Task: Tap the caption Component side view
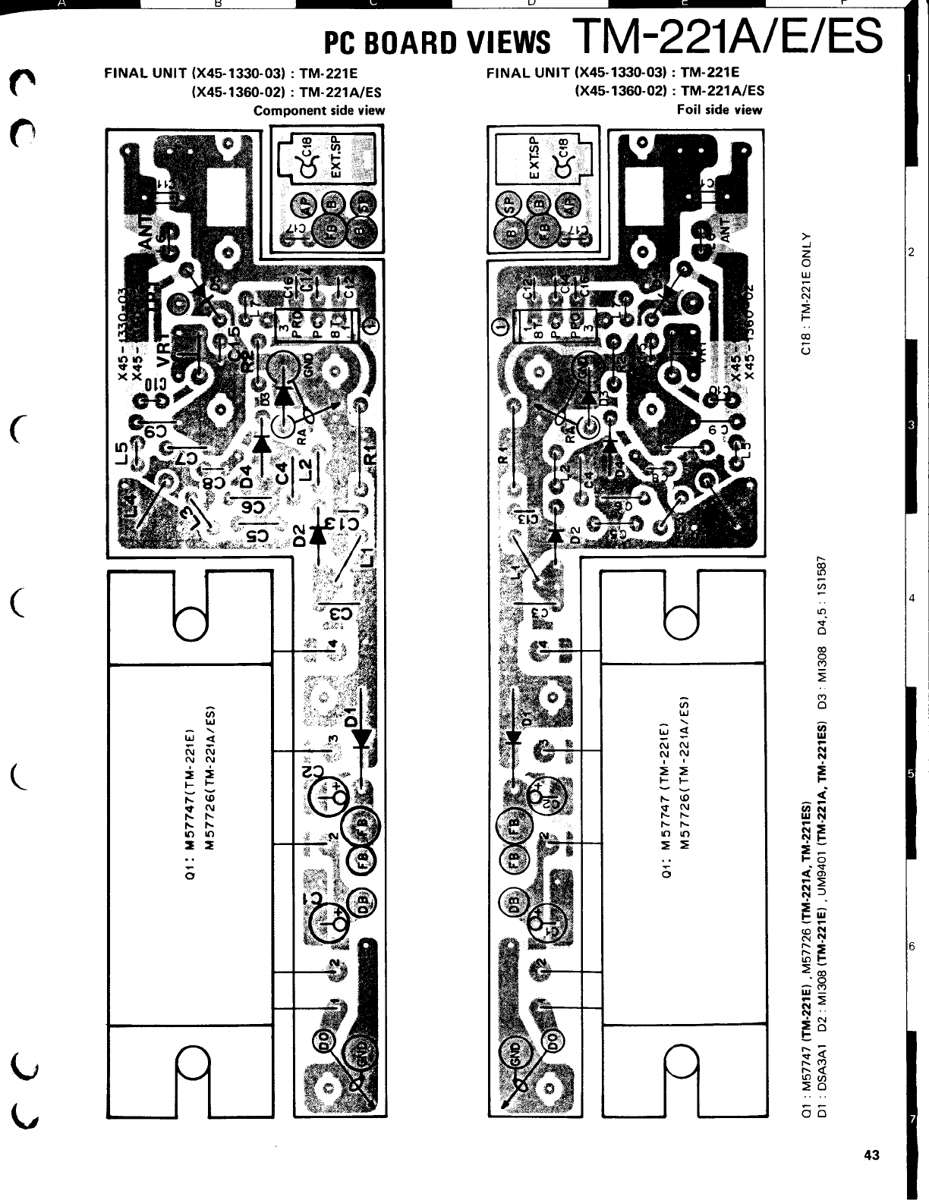319,111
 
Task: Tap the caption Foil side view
720,110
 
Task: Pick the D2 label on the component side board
299,536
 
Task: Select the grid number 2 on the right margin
911,251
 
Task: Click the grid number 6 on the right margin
911,946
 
